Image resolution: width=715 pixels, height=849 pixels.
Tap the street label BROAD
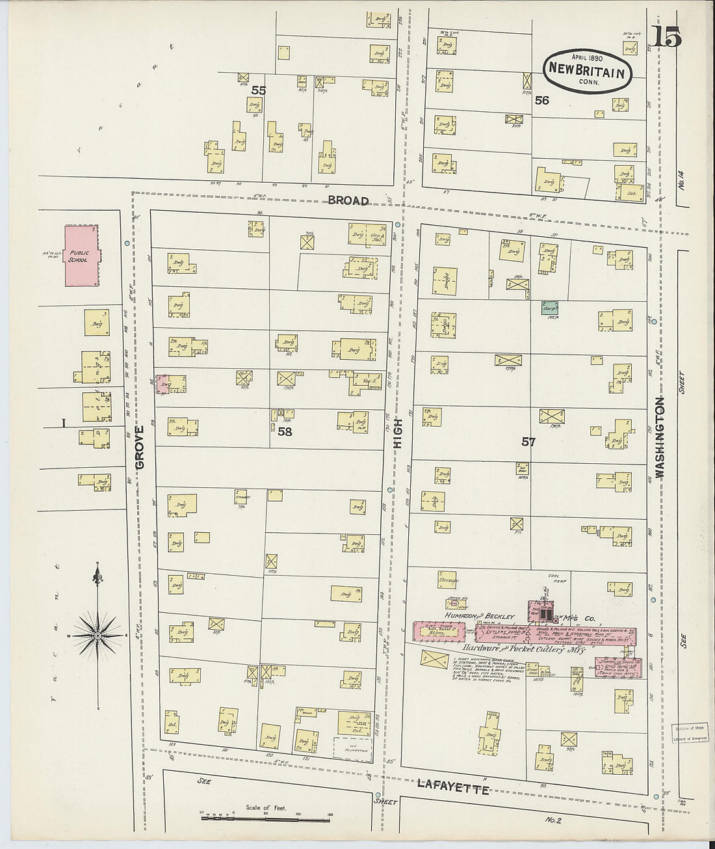348,200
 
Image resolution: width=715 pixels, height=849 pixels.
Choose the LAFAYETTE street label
452,789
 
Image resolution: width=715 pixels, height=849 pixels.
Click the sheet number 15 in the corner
668,38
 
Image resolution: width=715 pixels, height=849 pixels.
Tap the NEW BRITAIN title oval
588,70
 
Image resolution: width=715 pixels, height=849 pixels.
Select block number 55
259,90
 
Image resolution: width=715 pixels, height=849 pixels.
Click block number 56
541,100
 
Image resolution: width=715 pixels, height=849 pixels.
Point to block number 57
528,442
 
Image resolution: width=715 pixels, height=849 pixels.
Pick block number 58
285,431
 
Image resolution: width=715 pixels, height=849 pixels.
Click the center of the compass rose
97,634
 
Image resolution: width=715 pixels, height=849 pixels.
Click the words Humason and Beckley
480,615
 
